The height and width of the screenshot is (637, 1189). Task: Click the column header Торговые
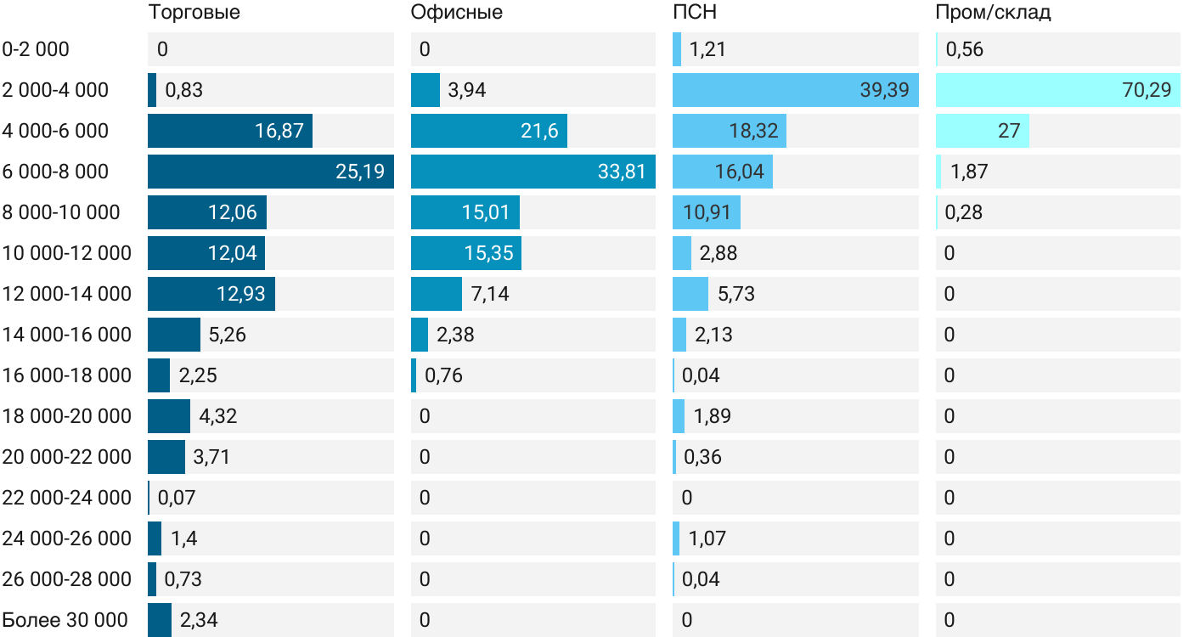(194, 13)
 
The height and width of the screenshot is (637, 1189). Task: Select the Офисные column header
(456, 13)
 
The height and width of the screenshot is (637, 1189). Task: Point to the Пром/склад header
(993, 13)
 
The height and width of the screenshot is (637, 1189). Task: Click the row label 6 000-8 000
(55, 172)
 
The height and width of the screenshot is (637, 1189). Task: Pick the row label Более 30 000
(65, 620)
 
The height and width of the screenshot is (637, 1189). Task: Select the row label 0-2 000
(36, 49)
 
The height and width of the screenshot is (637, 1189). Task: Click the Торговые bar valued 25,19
(270, 172)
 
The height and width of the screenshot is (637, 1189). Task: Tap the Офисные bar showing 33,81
(533, 172)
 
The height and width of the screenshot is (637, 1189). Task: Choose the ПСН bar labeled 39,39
(795, 90)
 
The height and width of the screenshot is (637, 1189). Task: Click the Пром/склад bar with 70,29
(1057, 90)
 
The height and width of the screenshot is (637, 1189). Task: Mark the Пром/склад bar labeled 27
(982, 131)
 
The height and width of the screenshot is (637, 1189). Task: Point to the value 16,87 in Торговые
(279, 131)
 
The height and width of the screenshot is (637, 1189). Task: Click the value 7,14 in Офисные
(490, 294)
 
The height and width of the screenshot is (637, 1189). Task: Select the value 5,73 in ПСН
(735, 294)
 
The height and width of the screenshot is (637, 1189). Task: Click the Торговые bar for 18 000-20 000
(168, 416)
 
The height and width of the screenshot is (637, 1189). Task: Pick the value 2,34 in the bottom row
(199, 620)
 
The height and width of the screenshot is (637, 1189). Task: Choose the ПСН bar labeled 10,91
(706, 212)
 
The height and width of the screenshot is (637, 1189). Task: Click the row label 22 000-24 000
(66, 498)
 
